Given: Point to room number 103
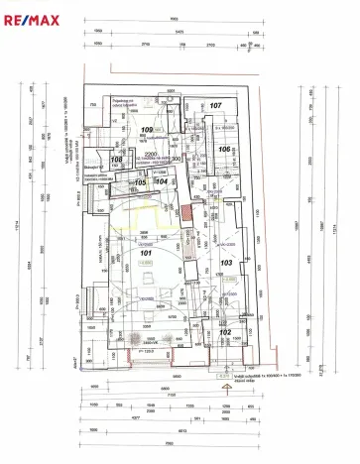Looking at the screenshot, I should [226, 263].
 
